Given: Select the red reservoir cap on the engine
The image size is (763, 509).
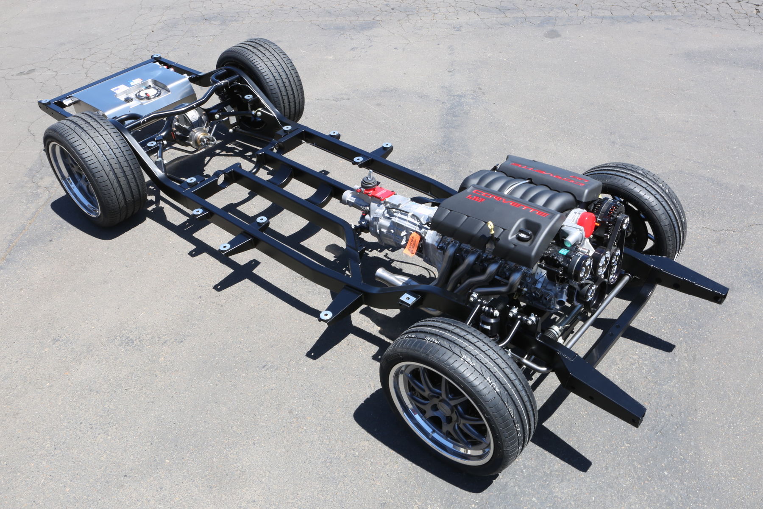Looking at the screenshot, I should coord(586,218).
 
